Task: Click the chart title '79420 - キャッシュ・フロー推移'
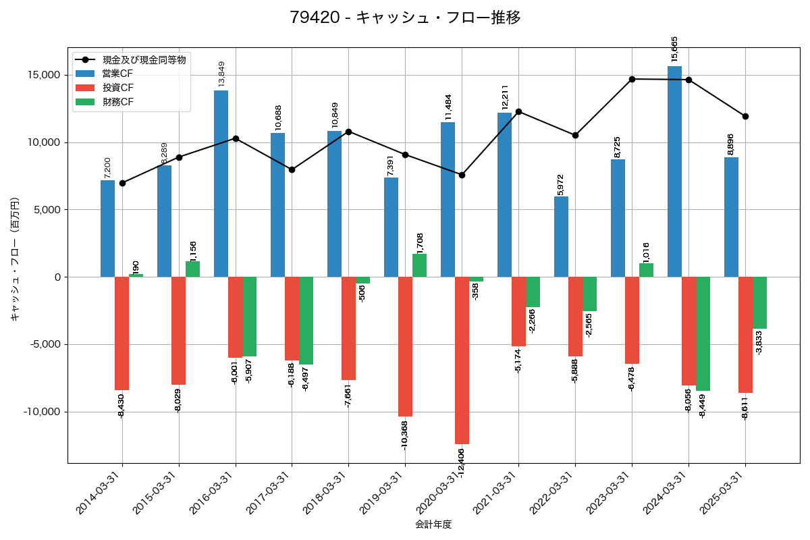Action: tap(405, 18)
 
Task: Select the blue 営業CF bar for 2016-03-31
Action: tap(221, 184)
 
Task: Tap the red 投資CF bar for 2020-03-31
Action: tap(462, 360)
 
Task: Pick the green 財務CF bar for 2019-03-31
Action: tap(419, 265)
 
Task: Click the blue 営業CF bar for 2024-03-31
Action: tap(674, 171)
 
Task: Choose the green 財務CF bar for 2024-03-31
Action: tap(703, 333)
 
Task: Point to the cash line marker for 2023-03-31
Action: tap(632, 79)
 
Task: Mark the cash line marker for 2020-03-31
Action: tap(462, 175)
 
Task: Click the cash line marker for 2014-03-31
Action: tap(122, 183)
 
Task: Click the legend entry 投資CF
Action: tap(118, 88)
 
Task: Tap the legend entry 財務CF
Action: tap(118, 102)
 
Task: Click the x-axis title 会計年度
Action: tap(433, 524)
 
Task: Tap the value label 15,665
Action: tap(674, 49)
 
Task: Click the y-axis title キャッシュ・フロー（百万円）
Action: tap(15, 259)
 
